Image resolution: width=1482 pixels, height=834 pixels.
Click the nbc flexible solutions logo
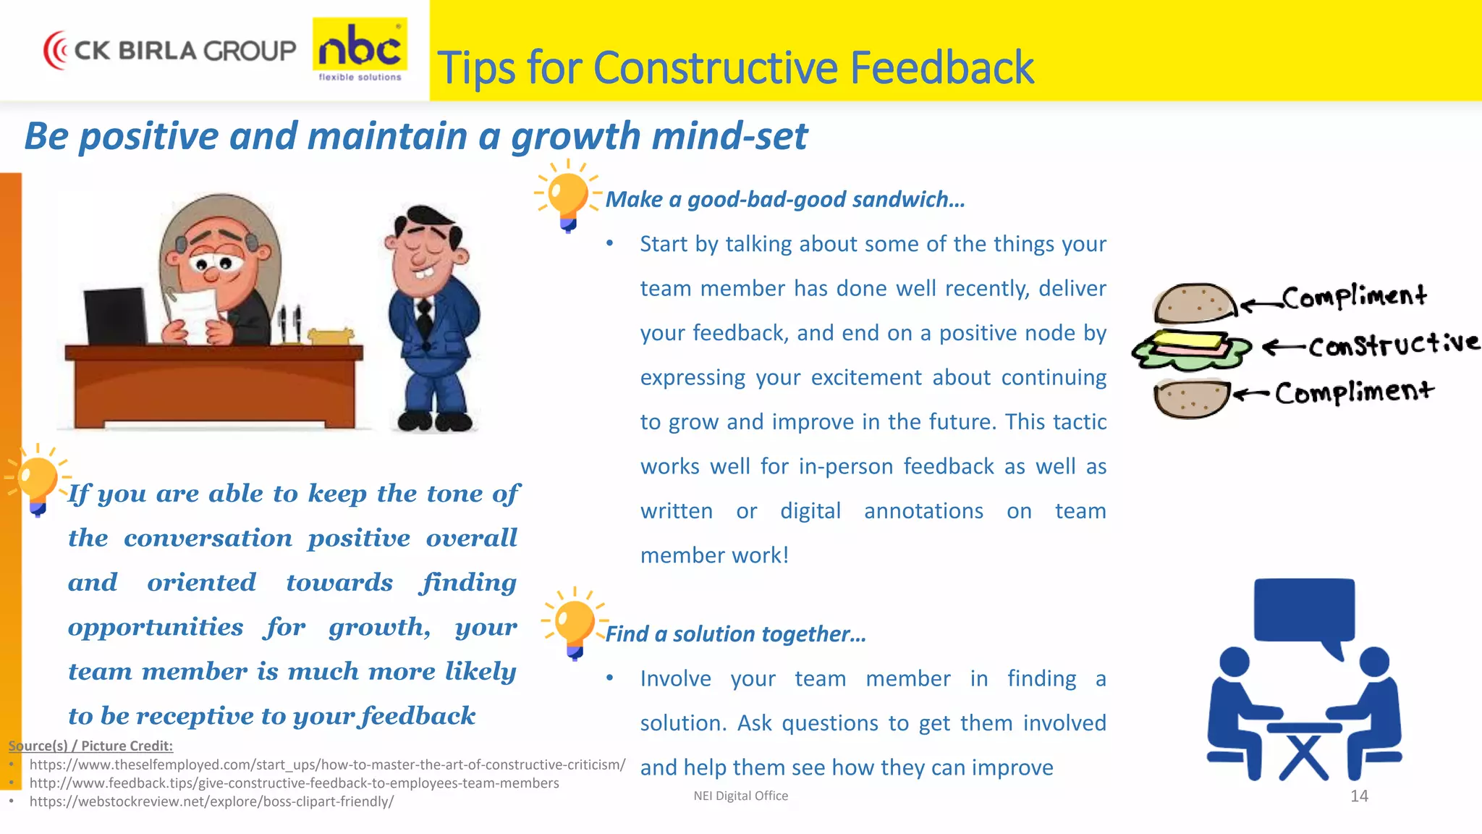point(360,49)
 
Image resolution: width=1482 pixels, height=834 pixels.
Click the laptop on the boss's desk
point(116,317)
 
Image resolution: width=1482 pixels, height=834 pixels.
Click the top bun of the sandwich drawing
point(1194,303)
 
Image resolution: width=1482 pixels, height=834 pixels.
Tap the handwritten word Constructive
point(1393,344)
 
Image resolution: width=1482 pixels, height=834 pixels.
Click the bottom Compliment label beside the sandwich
point(1353,392)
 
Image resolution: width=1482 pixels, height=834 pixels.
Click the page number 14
point(1359,796)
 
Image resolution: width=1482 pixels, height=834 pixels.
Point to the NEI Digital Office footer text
point(740,796)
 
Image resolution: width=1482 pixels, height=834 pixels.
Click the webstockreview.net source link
point(211,801)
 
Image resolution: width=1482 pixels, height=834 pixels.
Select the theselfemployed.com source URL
point(327,764)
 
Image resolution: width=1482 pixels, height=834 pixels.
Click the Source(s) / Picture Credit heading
point(90,746)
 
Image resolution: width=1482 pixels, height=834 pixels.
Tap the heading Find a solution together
point(735,634)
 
